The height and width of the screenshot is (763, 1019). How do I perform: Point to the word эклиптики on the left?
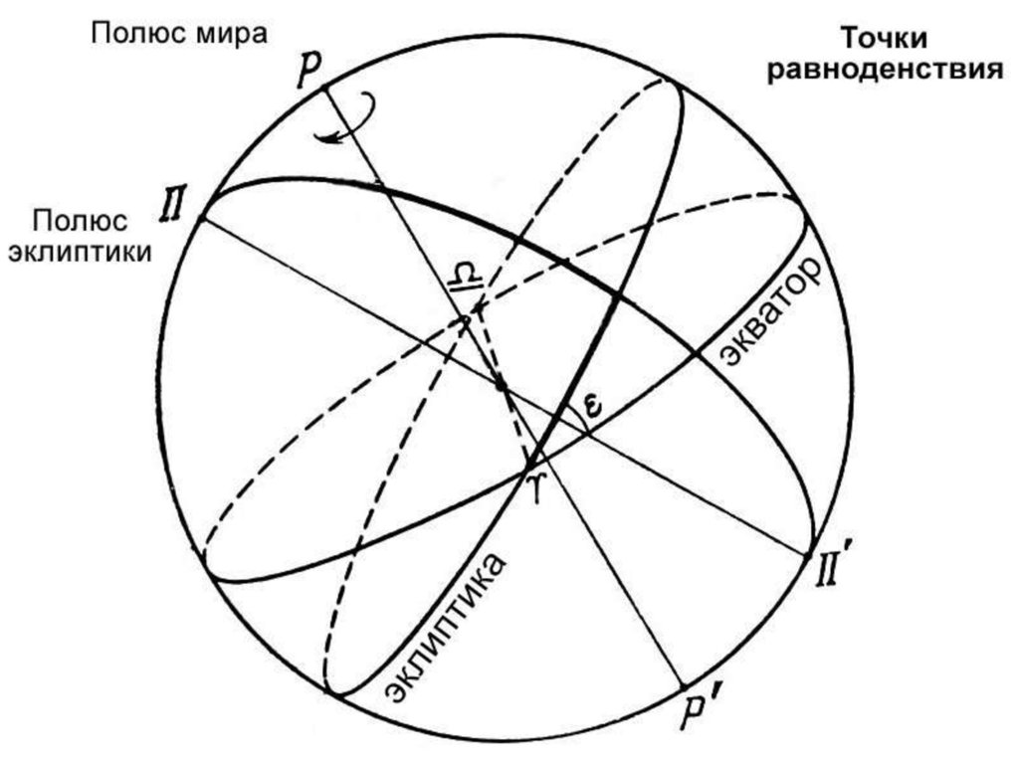click(81, 251)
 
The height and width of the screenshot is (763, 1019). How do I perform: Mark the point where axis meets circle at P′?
click(686, 686)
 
